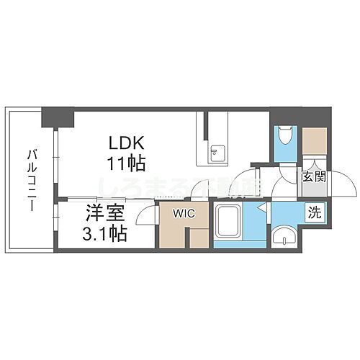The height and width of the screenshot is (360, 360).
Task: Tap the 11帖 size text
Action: tap(127, 163)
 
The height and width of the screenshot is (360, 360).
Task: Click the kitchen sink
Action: tap(216, 152)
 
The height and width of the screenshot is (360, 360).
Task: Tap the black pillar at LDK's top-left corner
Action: tap(58, 116)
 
